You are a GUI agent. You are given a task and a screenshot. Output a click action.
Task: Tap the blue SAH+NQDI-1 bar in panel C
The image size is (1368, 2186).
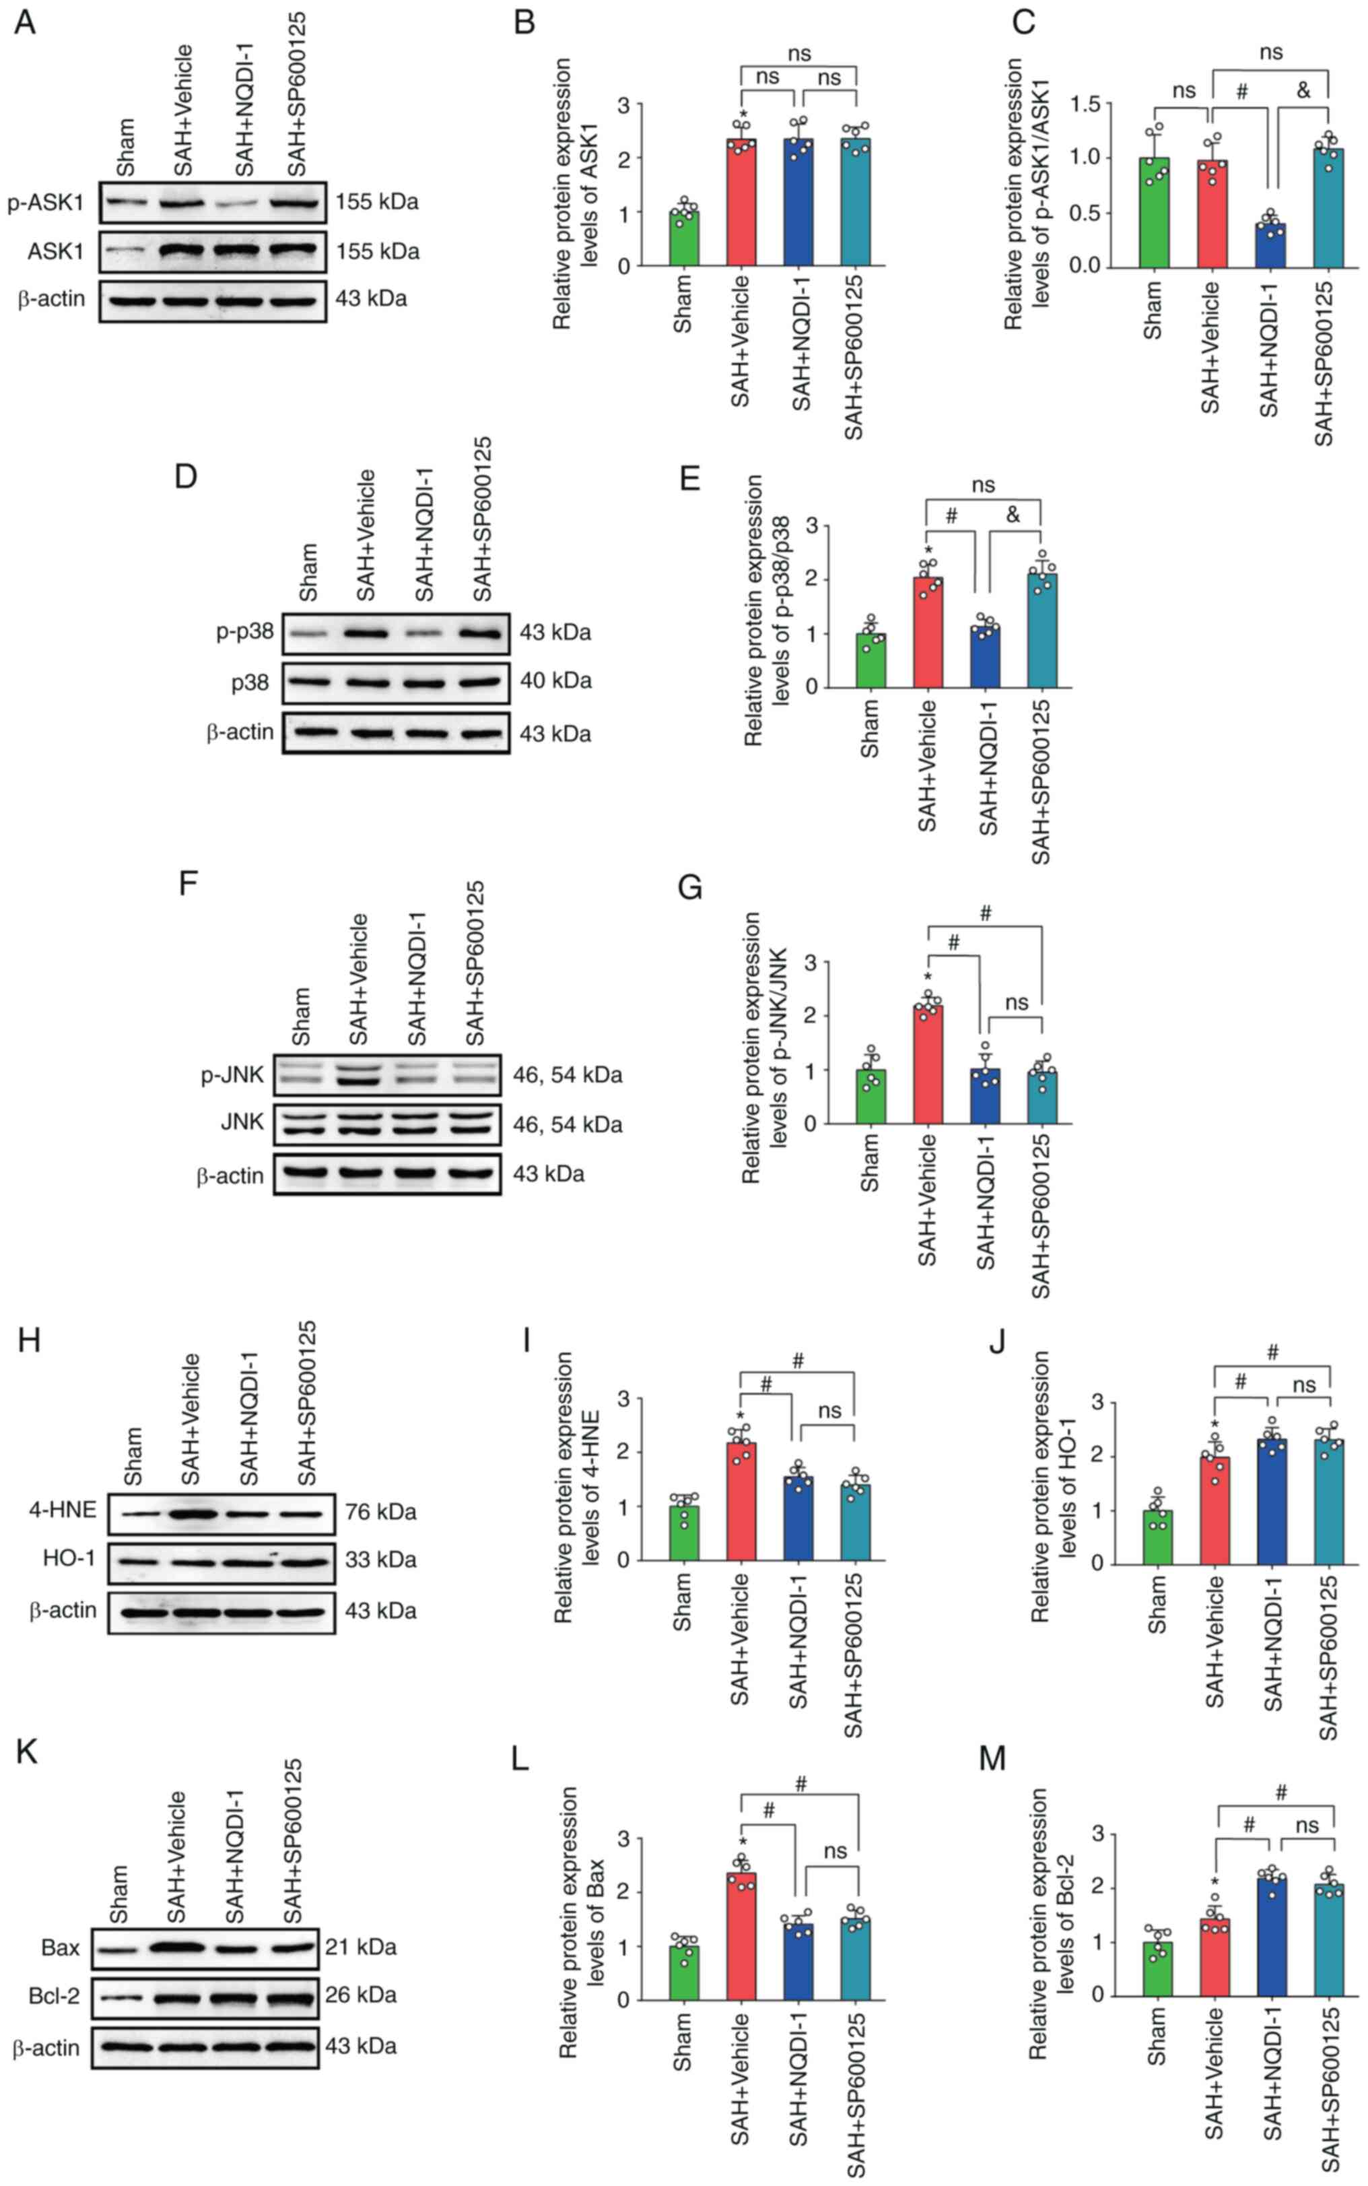1270,245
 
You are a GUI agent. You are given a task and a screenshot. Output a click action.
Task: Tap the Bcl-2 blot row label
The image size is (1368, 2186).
55,1994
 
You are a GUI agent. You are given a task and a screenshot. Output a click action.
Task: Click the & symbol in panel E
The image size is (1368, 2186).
1013,515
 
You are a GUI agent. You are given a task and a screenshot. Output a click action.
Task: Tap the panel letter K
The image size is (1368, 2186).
26,1751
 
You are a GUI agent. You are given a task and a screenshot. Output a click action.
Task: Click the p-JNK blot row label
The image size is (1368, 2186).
232,1074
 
